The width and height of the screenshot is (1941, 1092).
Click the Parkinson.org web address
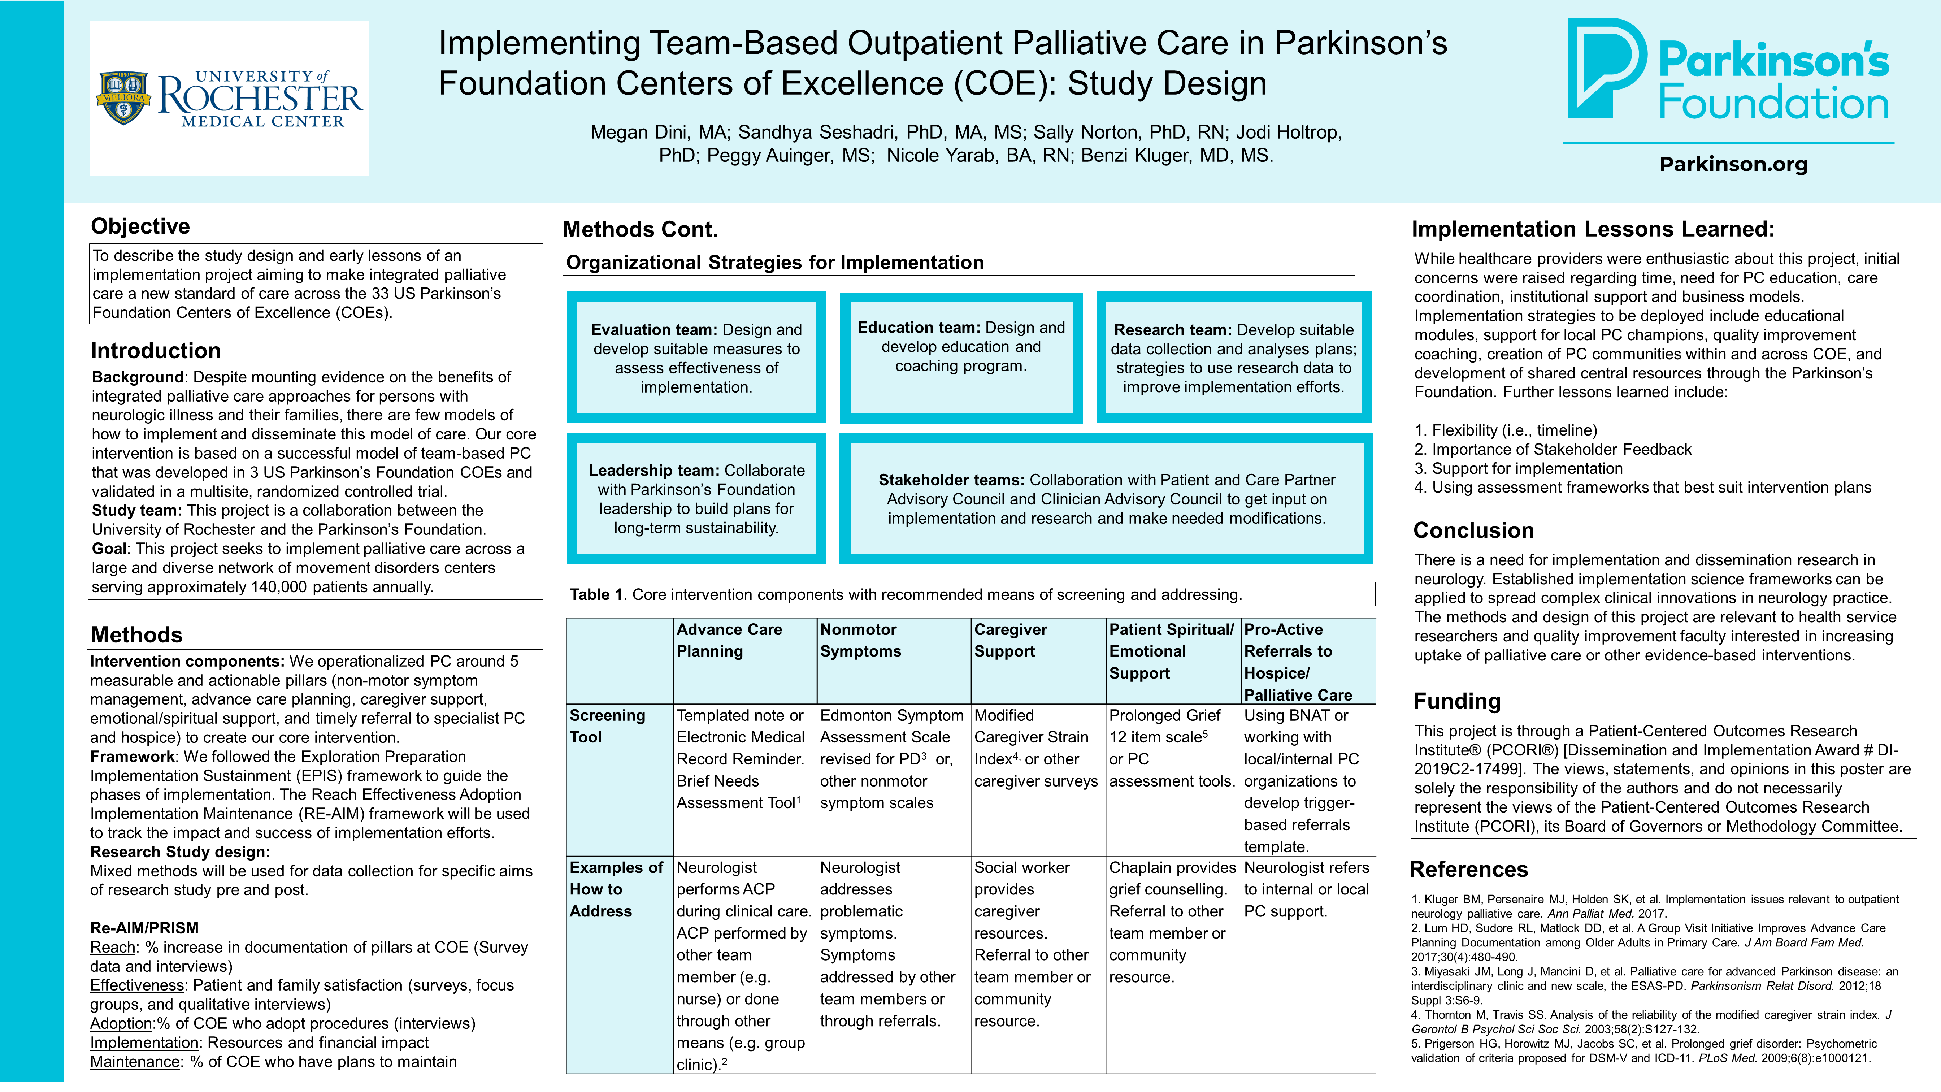(x=1733, y=164)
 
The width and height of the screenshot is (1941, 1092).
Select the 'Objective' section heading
(x=140, y=226)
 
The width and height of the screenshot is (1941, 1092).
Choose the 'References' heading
(x=1468, y=870)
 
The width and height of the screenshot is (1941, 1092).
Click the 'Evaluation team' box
(x=696, y=357)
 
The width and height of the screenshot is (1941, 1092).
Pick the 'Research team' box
(x=1233, y=357)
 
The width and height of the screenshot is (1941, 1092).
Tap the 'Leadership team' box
(x=696, y=498)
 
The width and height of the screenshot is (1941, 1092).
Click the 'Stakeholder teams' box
(x=1106, y=498)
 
